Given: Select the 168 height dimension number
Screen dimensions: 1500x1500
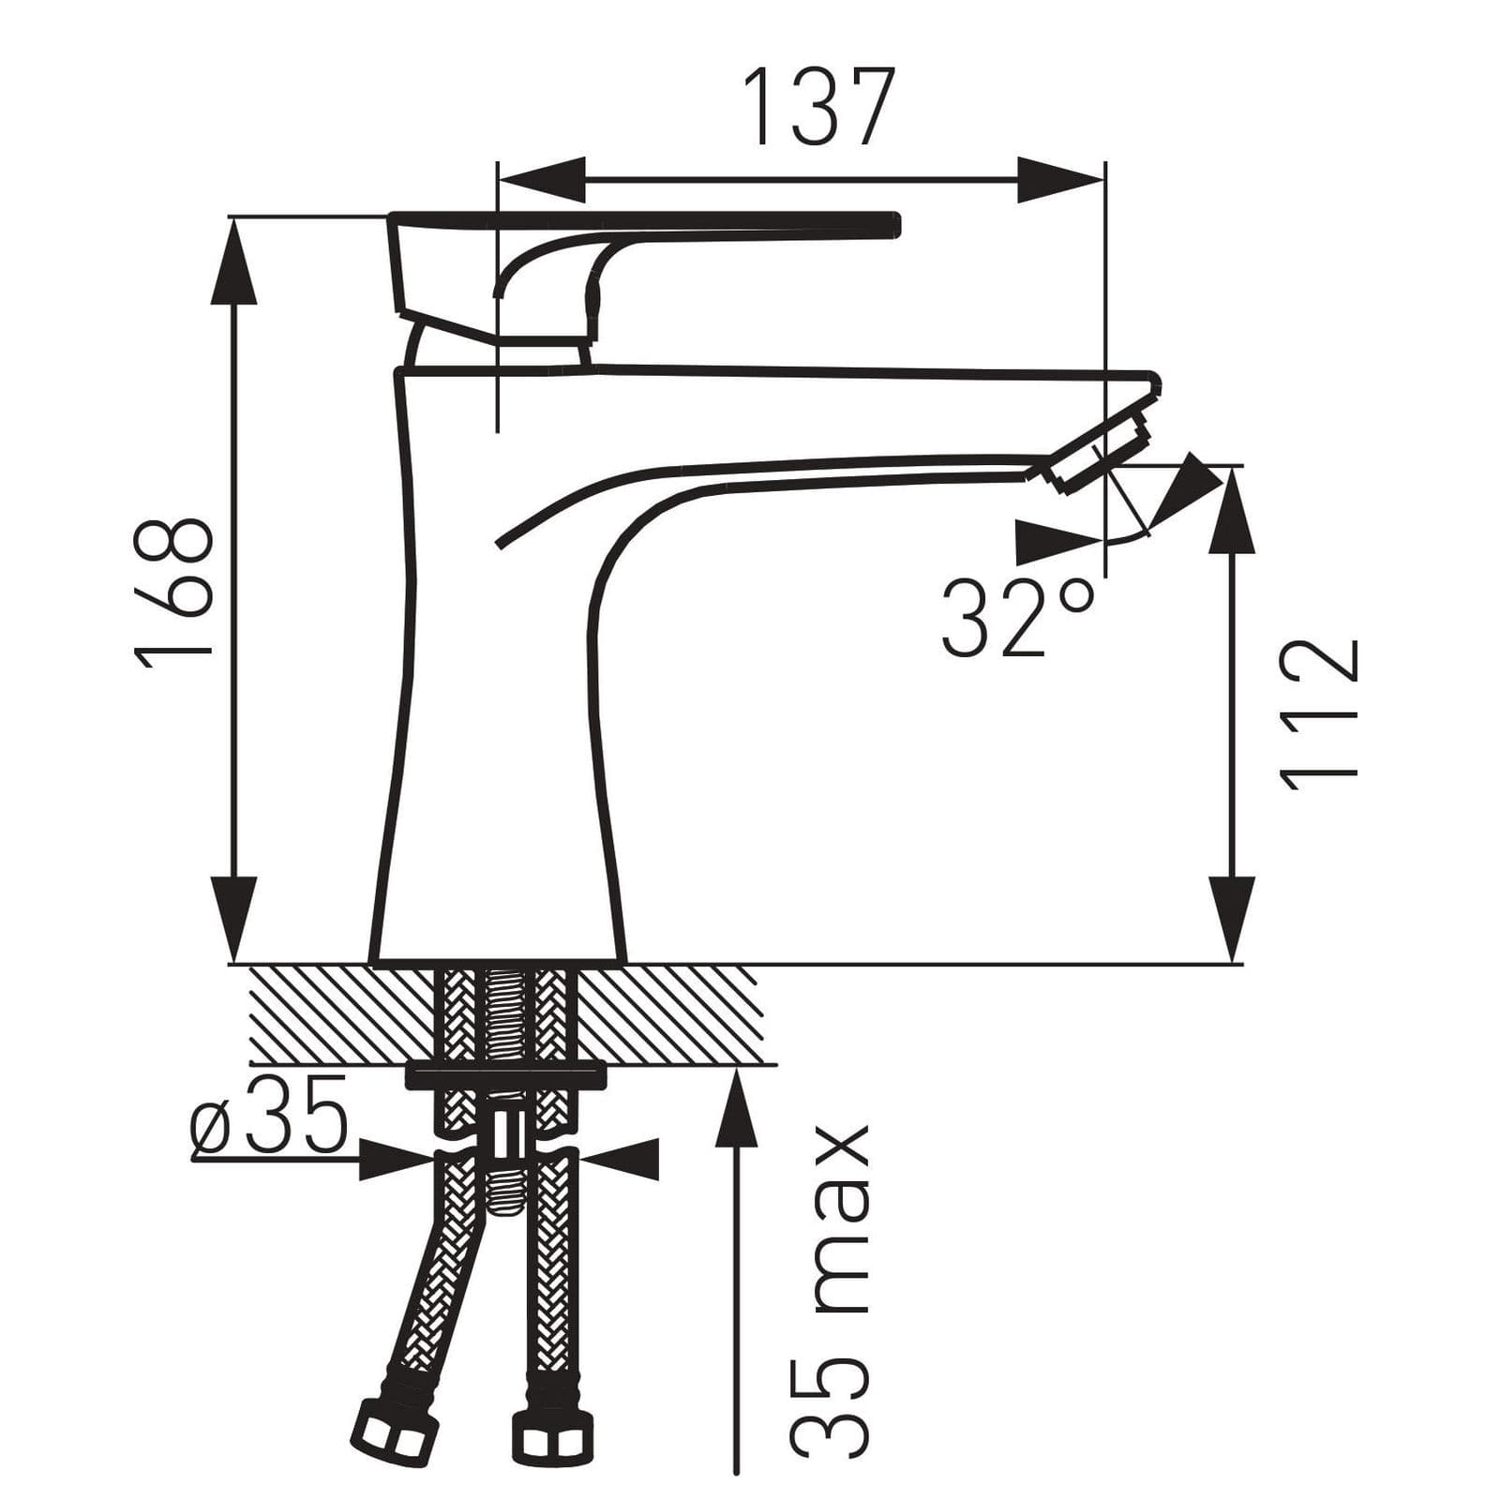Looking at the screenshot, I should (x=175, y=592).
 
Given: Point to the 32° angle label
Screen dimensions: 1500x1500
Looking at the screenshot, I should (x=1018, y=619).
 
